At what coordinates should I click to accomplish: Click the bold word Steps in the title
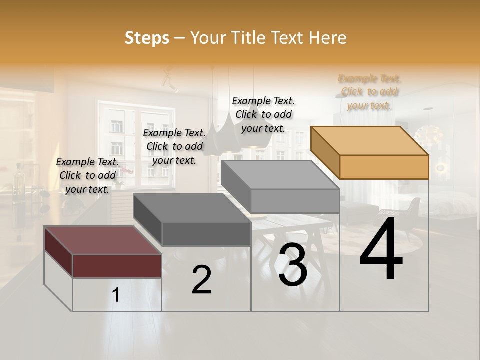[x=147, y=38]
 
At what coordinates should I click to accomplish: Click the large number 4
[x=381, y=249]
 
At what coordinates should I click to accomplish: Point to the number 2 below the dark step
[x=201, y=280]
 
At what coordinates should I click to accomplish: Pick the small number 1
[x=116, y=295]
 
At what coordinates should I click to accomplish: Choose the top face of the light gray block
[x=280, y=175]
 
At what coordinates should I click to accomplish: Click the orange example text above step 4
[x=370, y=92]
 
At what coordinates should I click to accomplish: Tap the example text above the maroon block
[x=87, y=175]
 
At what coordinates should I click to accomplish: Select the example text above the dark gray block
[x=174, y=146]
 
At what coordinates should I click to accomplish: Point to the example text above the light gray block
[x=263, y=114]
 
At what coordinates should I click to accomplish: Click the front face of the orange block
[x=384, y=167]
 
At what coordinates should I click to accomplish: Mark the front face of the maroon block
[x=117, y=266]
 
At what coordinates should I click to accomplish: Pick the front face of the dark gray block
[x=206, y=234]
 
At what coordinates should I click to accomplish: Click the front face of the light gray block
[x=295, y=201]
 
